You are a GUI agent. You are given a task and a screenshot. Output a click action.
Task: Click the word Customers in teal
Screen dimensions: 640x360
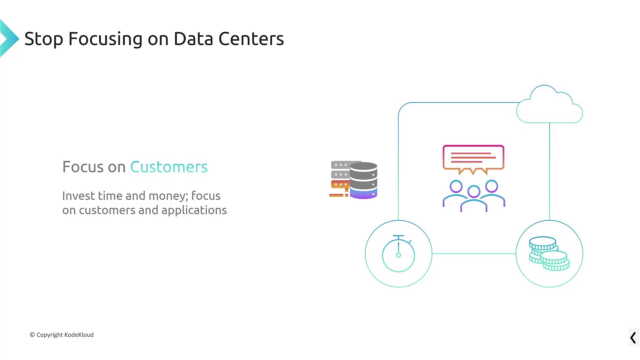click(169, 167)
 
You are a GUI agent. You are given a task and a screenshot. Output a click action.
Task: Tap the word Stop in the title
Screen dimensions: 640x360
click(44, 39)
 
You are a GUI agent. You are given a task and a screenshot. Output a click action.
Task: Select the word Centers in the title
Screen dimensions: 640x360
click(251, 39)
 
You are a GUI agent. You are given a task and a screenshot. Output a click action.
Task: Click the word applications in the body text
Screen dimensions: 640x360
click(194, 211)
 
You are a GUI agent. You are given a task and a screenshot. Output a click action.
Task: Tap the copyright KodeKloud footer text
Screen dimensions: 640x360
click(62, 335)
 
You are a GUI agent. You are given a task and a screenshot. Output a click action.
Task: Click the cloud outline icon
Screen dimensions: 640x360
click(549, 104)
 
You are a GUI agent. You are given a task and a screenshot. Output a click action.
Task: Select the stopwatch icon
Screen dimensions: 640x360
click(398, 253)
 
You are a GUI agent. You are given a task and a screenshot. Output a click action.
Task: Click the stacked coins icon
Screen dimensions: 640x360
click(549, 253)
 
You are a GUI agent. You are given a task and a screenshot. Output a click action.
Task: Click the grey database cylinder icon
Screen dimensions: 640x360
click(363, 180)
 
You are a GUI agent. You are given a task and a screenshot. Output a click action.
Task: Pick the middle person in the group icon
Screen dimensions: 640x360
click(474, 199)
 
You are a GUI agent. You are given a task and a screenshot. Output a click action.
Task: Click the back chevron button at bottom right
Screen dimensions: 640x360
click(633, 338)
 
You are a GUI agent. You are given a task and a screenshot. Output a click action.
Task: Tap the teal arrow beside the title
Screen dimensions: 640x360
click(9, 38)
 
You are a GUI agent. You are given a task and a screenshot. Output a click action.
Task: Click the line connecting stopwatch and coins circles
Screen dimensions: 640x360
click(474, 254)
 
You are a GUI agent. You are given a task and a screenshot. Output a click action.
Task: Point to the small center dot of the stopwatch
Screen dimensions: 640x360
click(398, 255)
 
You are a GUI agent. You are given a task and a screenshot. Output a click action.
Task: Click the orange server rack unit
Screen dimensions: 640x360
click(340, 184)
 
